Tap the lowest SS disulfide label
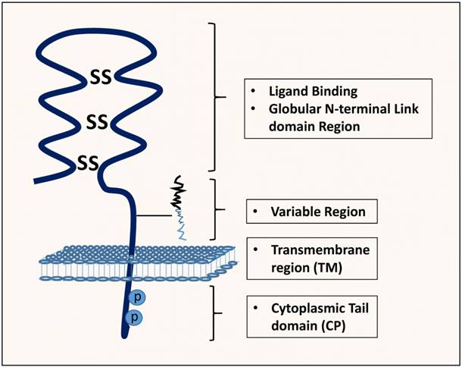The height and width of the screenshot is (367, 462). pos(88,161)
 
